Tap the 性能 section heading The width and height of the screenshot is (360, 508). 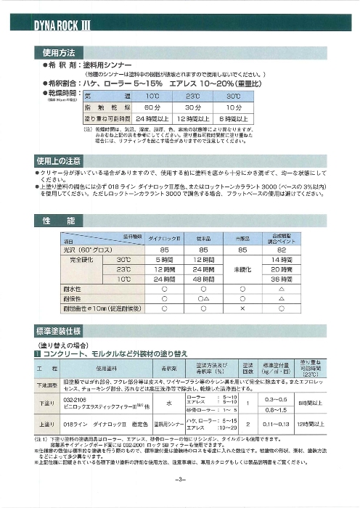pos(55,220)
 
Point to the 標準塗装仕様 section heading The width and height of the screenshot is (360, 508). pos(62,329)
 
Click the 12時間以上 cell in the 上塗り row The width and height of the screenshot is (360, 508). pos(314,422)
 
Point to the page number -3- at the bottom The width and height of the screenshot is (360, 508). pos(180,480)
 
